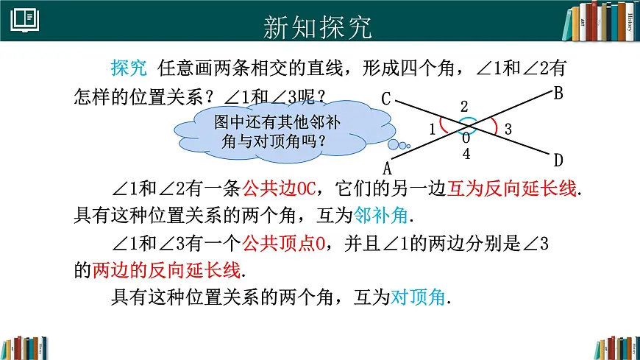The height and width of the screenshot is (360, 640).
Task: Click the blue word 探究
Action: point(129,68)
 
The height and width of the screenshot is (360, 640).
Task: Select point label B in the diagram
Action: point(558,93)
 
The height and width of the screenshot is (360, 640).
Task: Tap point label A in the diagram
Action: point(387,167)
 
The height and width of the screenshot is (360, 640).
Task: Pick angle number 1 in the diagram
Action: point(433,130)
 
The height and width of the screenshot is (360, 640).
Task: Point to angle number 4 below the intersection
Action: point(466,154)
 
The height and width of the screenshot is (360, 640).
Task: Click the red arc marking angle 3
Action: point(494,127)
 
